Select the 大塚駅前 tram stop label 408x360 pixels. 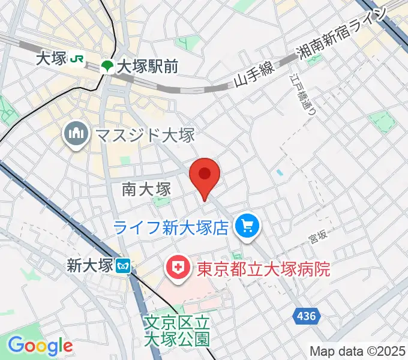(x=148, y=66)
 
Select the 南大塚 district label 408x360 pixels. (x=146, y=190)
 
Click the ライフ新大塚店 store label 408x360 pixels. (x=173, y=227)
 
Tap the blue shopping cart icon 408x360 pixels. (x=247, y=226)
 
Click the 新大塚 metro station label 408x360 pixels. (x=90, y=265)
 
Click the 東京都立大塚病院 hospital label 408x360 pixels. (x=263, y=266)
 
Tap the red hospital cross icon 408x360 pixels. (x=177, y=266)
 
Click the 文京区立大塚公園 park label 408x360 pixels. (x=178, y=331)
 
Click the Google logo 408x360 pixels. (x=40, y=346)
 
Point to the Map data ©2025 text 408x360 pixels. (x=358, y=351)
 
